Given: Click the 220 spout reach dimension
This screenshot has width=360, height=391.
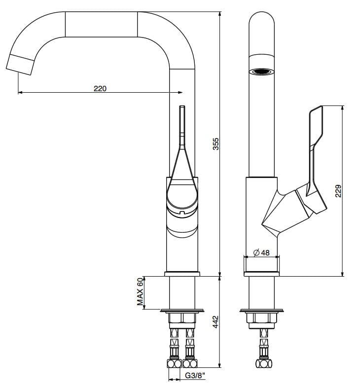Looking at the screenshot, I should click(100, 89).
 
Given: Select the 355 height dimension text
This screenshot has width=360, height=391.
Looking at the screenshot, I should click(216, 143).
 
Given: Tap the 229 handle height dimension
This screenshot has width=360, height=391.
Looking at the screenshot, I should click(338, 191).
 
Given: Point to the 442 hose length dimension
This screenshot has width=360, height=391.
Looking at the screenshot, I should click(216, 322).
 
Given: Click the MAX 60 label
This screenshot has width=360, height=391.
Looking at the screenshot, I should click(140, 292).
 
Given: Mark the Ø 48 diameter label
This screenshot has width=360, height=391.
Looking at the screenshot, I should click(261, 253).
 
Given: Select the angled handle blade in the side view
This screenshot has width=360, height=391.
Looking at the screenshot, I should click(316, 143).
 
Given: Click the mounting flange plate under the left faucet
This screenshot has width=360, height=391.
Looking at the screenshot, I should click(182, 311).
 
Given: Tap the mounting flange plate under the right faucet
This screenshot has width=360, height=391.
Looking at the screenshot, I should click(261, 311).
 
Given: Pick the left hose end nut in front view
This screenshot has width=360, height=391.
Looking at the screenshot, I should click(175, 364).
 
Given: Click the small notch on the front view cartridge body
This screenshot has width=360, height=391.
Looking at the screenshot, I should click(182, 213).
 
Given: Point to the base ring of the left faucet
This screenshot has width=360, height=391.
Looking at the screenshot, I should click(182, 273).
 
